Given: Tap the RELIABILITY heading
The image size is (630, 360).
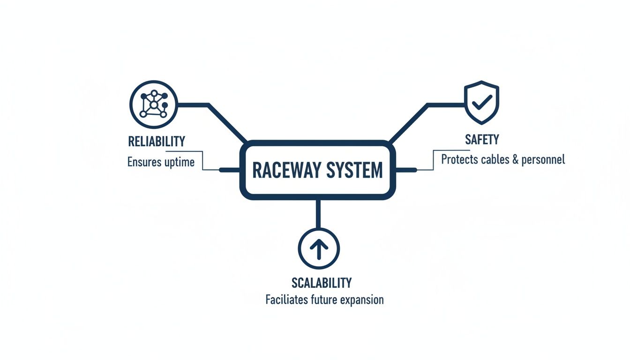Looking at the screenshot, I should [156, 141].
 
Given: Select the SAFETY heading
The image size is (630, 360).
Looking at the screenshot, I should [482, 139].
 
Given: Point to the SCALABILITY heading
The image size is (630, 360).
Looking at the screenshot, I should [321, 283].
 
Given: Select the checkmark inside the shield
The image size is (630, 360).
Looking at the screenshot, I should [482, 100].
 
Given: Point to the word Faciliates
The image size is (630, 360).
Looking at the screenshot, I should [286, 300].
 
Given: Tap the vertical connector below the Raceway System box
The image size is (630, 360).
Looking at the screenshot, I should [318, 213].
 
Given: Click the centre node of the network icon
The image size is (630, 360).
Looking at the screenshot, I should [153, 105].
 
